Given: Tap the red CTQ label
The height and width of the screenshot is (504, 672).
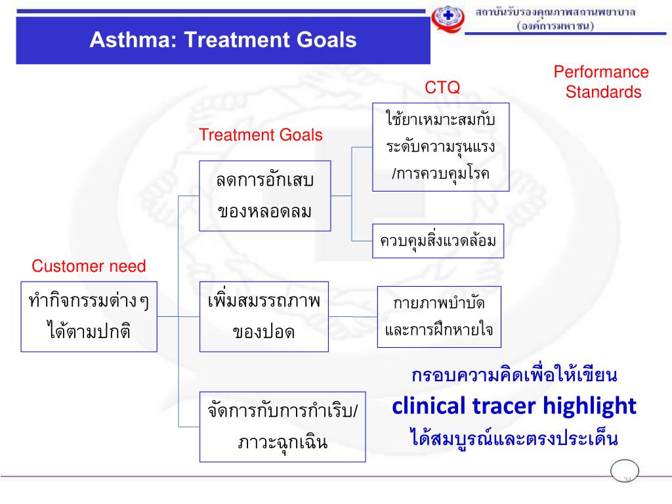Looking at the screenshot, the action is click(442, 87).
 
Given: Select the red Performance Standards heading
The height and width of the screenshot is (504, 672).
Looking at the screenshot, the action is click(602, 82).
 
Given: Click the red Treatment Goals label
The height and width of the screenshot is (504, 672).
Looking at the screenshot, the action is click(261, 135).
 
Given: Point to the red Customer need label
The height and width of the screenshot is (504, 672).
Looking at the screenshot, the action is click(89, 266).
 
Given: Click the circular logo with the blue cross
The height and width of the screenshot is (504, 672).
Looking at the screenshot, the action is click(448, 18).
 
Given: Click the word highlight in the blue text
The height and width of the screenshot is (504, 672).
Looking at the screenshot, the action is click(590, 406).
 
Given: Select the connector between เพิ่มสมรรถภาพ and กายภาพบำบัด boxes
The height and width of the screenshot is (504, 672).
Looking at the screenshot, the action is click(352, 317).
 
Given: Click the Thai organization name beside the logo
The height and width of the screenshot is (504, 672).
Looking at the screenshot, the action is click(555, 18).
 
